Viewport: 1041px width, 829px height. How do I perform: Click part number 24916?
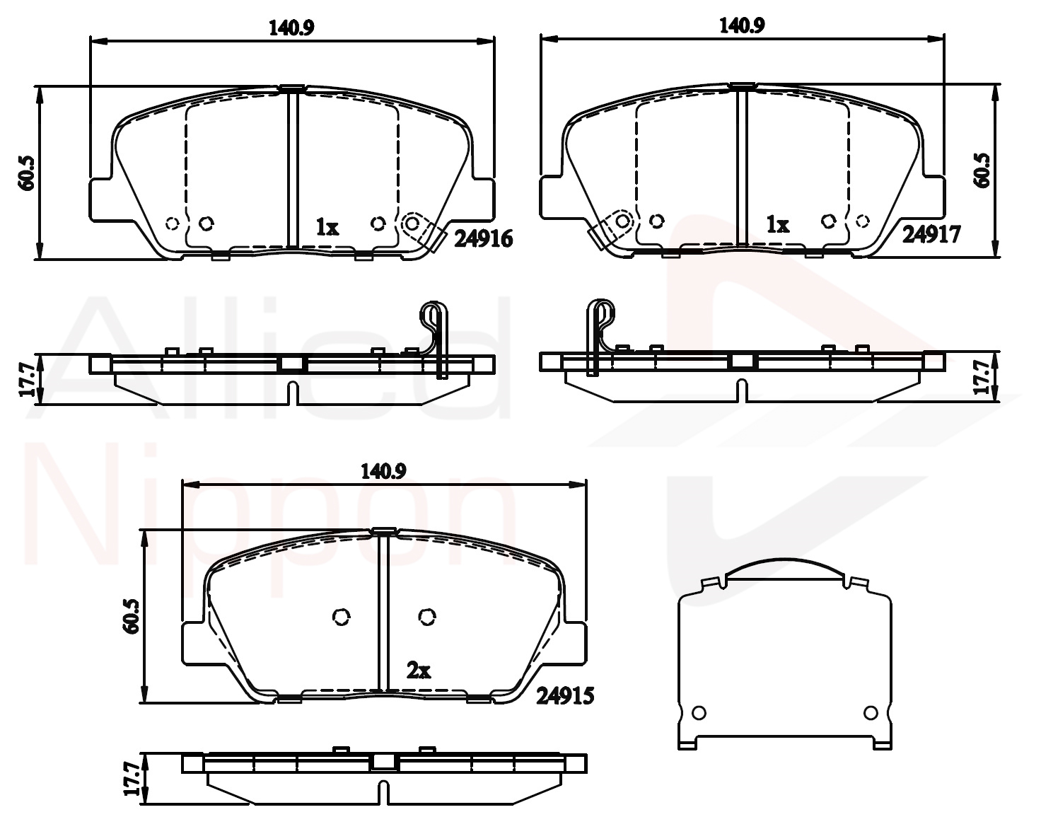483,238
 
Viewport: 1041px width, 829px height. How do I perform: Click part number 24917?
931,235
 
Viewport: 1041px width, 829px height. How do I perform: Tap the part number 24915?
564,696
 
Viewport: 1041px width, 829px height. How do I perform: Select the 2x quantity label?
419,671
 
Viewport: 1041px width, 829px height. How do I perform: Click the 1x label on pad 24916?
327,227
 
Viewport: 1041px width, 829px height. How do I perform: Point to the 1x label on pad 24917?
778,224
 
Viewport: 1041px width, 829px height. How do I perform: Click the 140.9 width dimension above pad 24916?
291,28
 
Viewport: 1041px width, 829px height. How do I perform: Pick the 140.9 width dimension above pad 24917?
742,25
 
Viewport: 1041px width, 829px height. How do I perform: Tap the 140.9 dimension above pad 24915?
383,471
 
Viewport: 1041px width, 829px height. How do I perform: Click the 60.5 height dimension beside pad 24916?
26,173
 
